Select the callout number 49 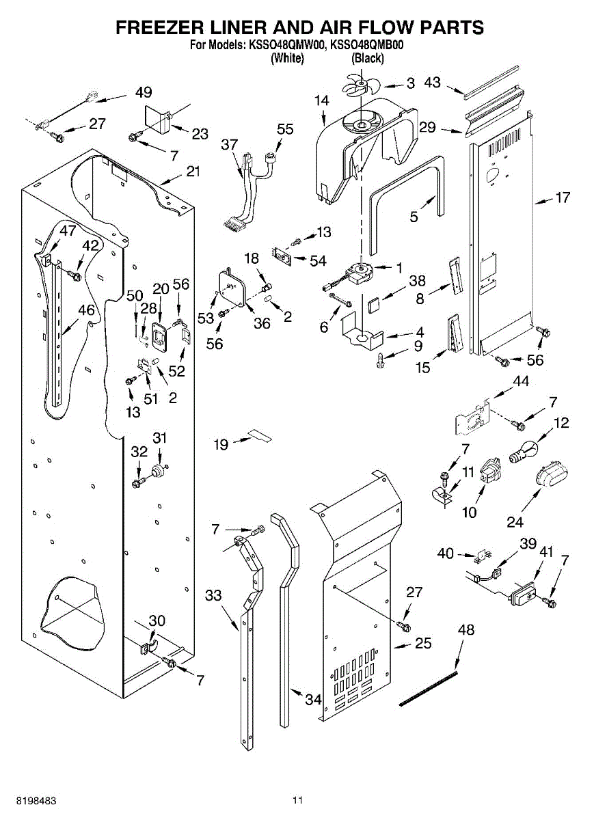coord(144,92)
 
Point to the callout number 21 coord(193,171)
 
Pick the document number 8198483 coord(33,799)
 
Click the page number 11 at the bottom coord(297,799)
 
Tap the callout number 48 coord(465,629)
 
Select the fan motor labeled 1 coord(360,273)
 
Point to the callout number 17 coord(562,199)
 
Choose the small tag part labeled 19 coord(260,435)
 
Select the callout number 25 coord(423,643)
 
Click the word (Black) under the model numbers coord(367,59)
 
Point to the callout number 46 coord(86,310)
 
